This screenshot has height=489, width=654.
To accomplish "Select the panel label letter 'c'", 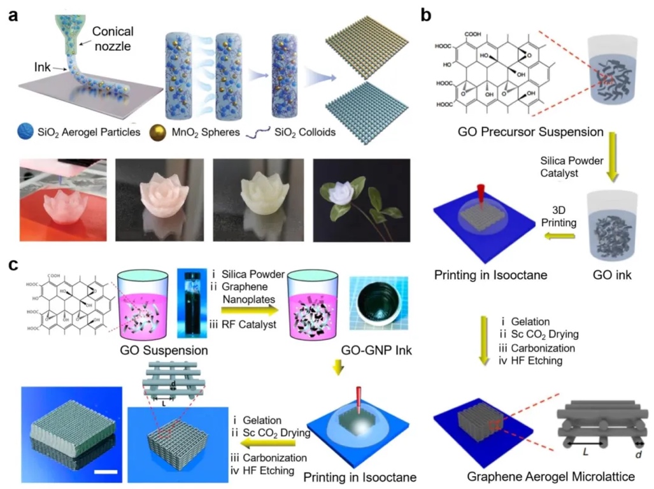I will (13, 263).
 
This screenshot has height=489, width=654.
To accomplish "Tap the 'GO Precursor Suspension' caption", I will (530, 132).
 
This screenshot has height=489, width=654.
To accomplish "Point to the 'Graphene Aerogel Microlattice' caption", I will (542, 476).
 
